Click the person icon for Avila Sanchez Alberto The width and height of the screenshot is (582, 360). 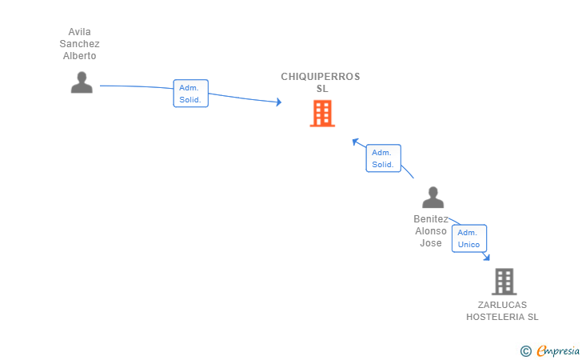pos(82,82)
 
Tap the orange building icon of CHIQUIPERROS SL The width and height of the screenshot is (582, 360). pos(322,114)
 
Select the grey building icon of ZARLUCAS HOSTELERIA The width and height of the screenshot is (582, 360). pos(504,282)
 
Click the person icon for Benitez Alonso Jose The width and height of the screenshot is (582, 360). pos(433,198)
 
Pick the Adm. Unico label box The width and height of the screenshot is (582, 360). pos(469,238)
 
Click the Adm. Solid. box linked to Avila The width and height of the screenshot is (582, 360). pos(191,94)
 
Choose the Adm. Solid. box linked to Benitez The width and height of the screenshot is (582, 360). pos(384,158)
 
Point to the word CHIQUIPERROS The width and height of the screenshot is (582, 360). pos(321,77)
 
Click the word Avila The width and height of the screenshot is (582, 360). pos(79,32)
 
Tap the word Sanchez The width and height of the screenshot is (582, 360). pos(79,44)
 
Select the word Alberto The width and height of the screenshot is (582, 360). pos(79,56)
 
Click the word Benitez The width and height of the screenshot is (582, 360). pos(431,219)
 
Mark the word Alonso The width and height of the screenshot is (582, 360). pos(431,231)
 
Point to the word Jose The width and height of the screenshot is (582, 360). pos(431,243)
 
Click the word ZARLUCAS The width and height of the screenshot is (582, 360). pos(502,305)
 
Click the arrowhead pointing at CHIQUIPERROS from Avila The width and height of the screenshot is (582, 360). pos(279,102)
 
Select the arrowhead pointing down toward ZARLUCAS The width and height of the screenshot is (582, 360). pos(487,257)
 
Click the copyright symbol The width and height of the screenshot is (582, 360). pos(525,351)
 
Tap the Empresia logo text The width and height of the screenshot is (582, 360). pos(558,350)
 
